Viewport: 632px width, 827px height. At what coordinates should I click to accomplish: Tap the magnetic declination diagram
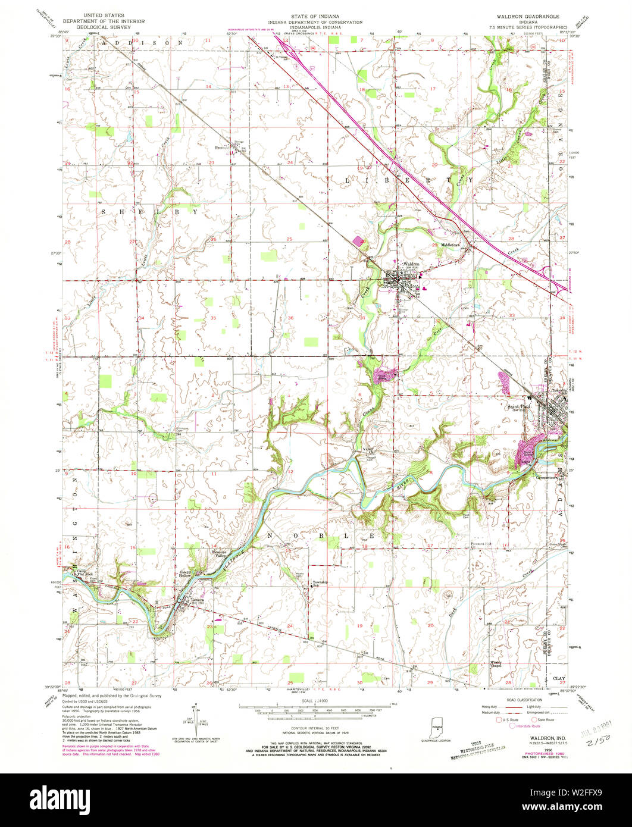coord(196,720)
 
